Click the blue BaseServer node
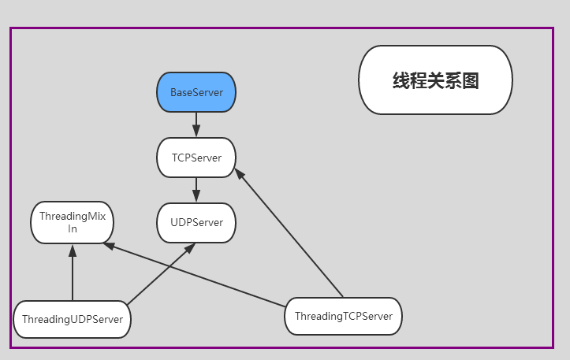coord(196,92)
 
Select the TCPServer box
coord(196,158)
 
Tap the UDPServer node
coord(196,223)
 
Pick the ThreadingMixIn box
coord(73,222)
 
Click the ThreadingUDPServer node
coord(73,319)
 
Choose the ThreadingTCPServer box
coord(343,316)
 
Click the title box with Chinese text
coord(435,80)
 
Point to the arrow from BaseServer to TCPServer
coord(196,124)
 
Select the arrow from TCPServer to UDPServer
coord(196,190)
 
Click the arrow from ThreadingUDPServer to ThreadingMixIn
coord(73,273)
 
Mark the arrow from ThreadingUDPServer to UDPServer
coord(162,273)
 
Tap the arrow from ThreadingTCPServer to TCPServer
coord(289,232)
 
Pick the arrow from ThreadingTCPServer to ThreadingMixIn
coord(194,275)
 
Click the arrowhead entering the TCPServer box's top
coord(196,131)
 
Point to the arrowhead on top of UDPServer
coord(196,196)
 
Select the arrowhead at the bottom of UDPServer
coord(190,248)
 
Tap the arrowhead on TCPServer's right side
coord(240,174)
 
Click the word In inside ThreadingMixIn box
coord(73,229)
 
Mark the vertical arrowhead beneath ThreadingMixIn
coord(73,251)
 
